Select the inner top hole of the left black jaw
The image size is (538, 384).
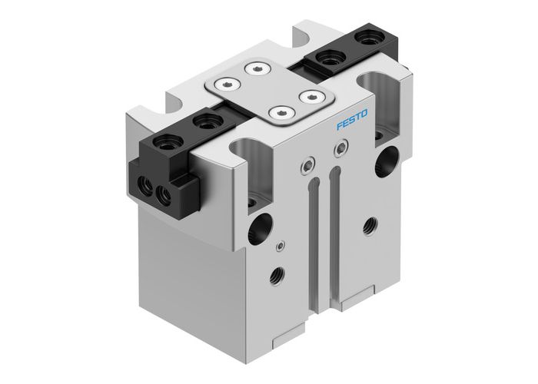[x=204, y=121]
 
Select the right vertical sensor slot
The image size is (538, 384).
[x=336, y=223]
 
